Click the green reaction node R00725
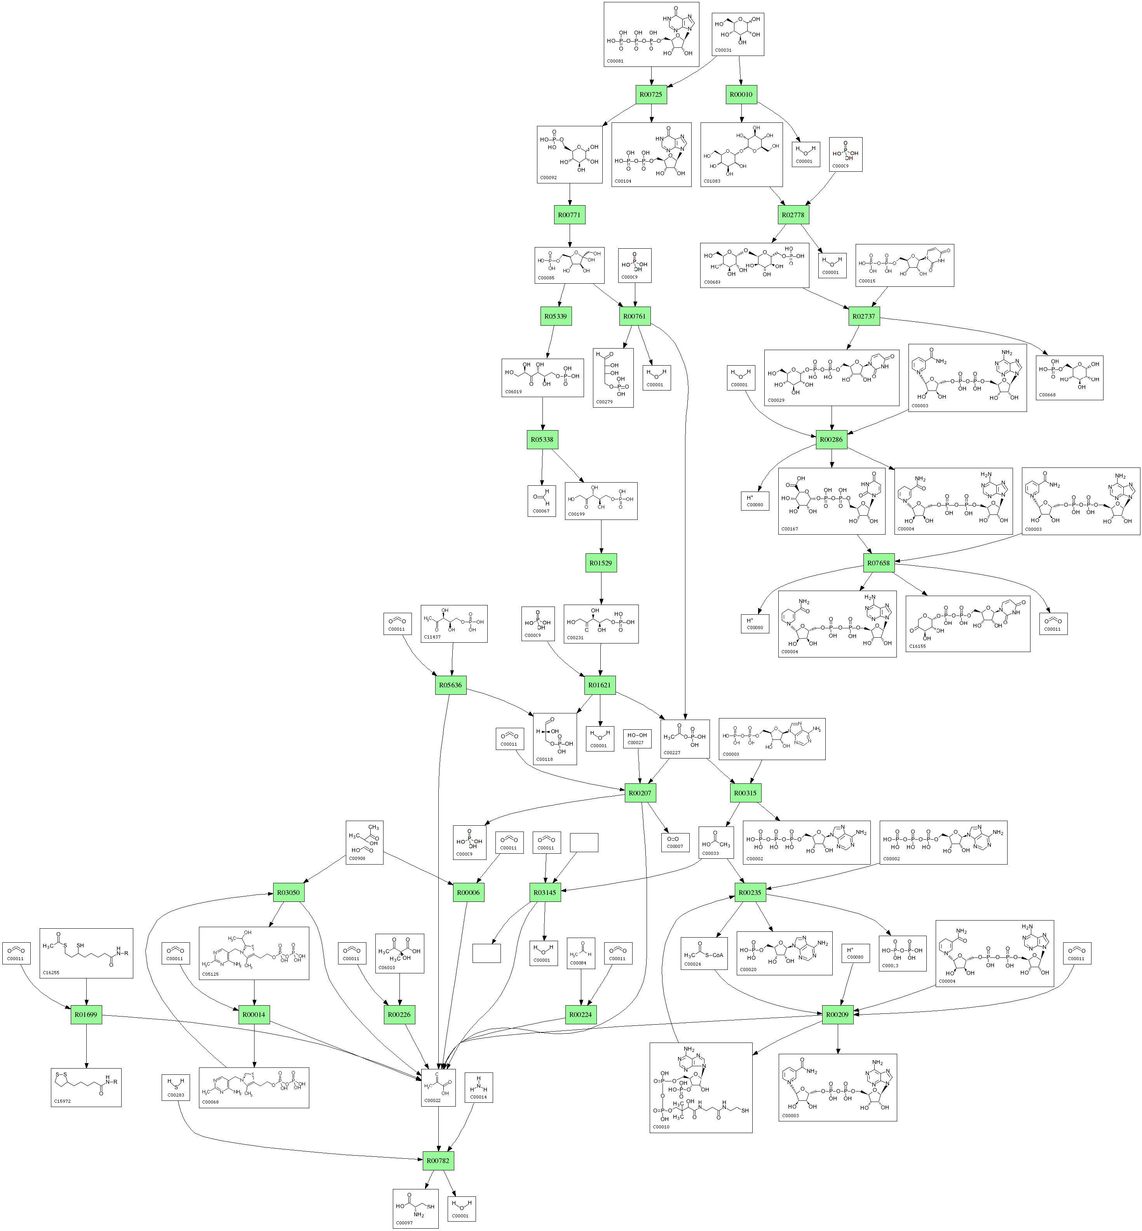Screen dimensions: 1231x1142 point(651,94)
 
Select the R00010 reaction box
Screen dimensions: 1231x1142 point(741,94)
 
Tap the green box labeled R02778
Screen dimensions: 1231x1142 point(793,215)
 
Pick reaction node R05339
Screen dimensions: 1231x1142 point(556,316)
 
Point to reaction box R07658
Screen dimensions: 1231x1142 point(878,563)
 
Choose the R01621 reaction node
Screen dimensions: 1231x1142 point(600,685)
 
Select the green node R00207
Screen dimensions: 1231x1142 point(640,793)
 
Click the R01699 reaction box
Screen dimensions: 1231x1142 point(86,1015)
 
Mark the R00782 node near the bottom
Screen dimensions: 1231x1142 point(438,1161)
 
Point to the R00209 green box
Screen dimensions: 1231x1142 point(837,1015)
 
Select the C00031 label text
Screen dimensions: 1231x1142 point(723,50)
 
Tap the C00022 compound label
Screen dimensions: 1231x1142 point(432,1100)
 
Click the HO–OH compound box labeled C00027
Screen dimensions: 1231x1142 point(637,738)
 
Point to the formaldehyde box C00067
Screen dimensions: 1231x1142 point(541,500)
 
